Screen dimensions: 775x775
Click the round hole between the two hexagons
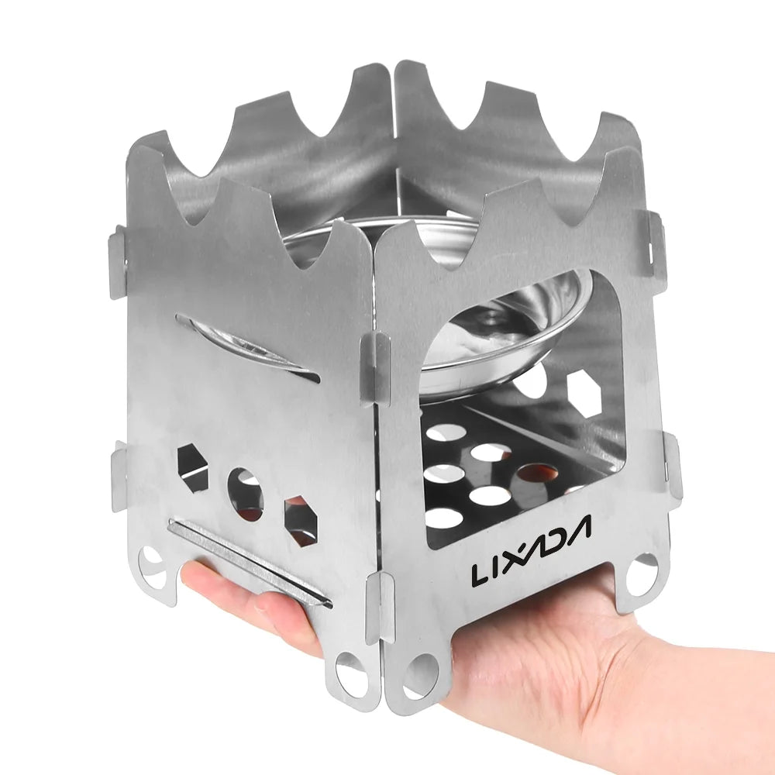[x=246, y=494]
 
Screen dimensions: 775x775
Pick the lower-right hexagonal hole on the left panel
[x=301, y=522]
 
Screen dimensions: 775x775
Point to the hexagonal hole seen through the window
[x=584, y=396]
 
